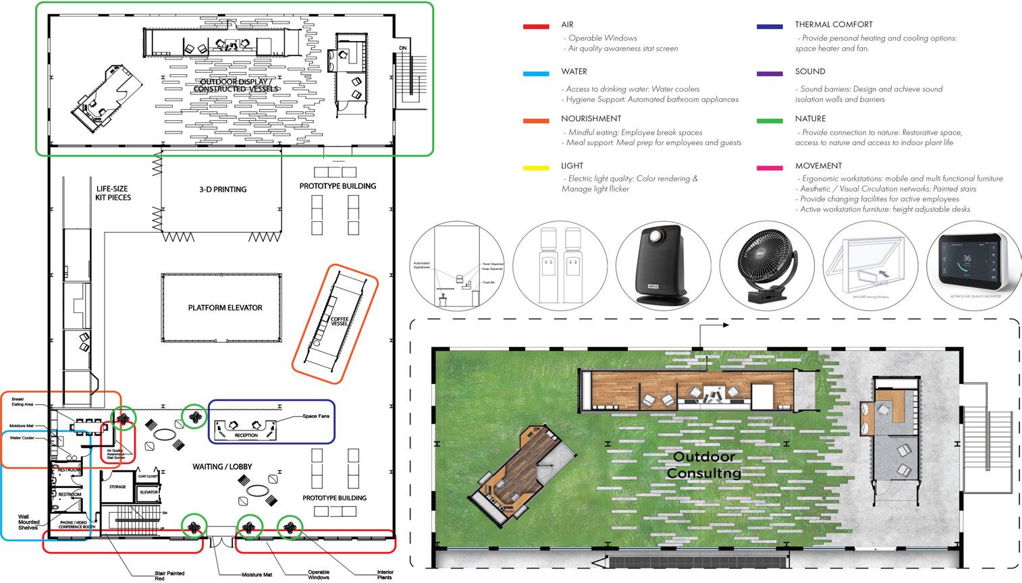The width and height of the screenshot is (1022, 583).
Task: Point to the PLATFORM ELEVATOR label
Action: pos(225,308)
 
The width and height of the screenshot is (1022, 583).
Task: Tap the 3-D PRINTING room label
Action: pos(223,190)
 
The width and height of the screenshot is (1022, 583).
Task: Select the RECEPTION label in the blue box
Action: pos(246,436)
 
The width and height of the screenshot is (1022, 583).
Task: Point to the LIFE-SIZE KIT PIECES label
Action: pos(113,194)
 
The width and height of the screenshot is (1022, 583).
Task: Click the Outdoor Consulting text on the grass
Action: pos(703,466)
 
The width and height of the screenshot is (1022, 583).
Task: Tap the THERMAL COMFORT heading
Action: pos(834,25)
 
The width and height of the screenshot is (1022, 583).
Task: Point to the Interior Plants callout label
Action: pos(385,574)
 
